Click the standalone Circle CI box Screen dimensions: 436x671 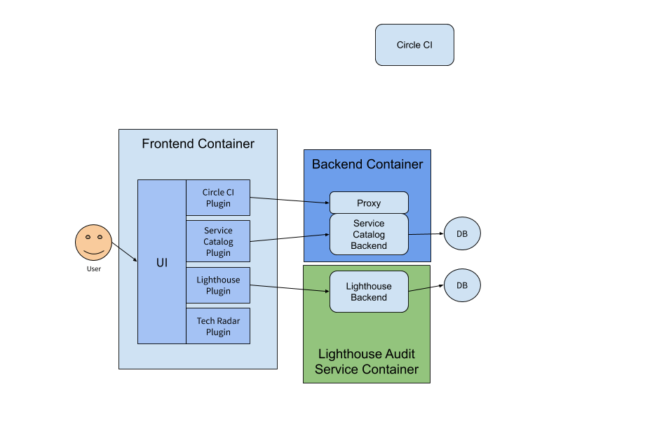(x=414, y=45)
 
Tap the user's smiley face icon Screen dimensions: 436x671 (x=93, y=242)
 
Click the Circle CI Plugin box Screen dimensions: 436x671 (x=218, y=198)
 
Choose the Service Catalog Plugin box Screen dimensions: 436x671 (x=218, y=242)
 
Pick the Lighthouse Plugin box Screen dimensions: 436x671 (x=218, y=285)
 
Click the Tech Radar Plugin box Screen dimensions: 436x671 (x=218, y=327)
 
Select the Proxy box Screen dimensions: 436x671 (x=369, y=203)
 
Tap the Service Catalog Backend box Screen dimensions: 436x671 (x=369, y=234)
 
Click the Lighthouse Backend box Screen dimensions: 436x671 (x=369, y=292)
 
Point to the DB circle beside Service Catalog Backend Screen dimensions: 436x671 (x=462, y=233)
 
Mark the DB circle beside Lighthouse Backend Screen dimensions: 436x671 (x=462, y=286)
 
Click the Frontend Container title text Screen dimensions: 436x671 (x=198, y=144)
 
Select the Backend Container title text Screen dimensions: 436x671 (x=367, y=164)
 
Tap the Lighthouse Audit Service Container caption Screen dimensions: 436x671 (x=367, y=362)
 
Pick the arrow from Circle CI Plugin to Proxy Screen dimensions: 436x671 (x=290, y=200)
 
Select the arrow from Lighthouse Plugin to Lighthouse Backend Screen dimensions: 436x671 (x=290, y=288)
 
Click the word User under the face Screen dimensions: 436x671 (x=93, y=268)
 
